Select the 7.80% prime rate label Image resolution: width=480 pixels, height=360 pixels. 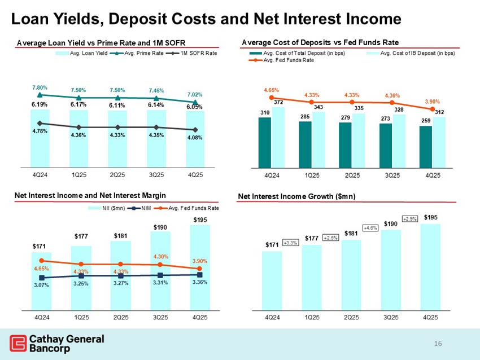[x=40, y=87]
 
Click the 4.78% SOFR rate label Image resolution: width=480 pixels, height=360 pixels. [x=40, y=132]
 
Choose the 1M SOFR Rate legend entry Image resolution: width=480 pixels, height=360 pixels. [x=195, y=53]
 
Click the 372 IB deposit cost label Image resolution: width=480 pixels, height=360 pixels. [x=278, y=102]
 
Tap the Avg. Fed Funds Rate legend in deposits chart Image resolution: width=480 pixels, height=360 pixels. [x=282, y=60]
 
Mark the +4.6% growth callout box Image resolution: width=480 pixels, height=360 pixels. [x=370, y=228]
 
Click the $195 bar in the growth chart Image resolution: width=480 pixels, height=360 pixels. [x=430, y=265]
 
